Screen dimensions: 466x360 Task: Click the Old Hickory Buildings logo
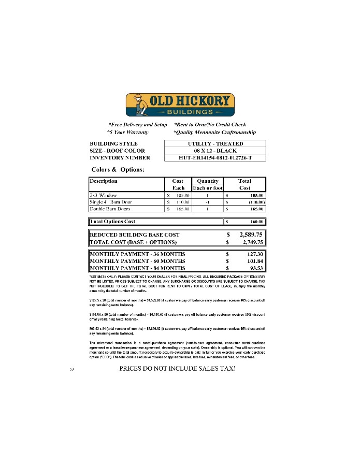coord(180,105)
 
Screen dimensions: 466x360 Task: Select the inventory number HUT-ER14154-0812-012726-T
coord(215,157)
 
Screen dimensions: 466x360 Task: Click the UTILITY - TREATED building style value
coord(215,143)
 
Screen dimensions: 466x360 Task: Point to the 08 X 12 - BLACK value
coord(215,151)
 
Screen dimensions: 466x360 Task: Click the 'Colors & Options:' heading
coord(118,169)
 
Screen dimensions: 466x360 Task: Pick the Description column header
coord(104,181)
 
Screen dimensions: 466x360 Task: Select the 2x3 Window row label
coord(103,195)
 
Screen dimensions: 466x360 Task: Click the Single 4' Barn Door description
coord(111,202)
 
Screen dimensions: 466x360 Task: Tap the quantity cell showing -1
coord(207,202)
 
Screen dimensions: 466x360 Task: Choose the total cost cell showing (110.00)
coord(254,202)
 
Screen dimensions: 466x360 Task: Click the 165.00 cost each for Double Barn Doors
coord(183,209)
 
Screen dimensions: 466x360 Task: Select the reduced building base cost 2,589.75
coord(251,235)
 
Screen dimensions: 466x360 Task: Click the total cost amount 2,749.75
coord(251,242)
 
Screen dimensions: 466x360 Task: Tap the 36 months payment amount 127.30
coord(254,254)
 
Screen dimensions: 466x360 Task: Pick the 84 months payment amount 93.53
coord(255,268)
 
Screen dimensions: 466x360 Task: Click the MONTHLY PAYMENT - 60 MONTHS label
coord(137,261)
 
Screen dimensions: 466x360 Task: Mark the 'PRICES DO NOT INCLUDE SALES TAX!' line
coord(178,369)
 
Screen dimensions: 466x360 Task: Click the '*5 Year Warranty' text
coord(127,132)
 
